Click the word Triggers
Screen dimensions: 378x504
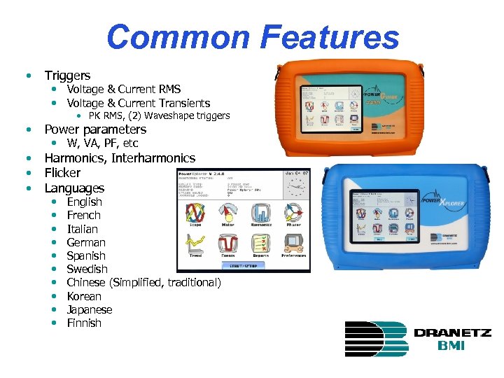pyautogui.click(x=67, y=75)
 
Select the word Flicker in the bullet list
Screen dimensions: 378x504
pyautogui.click(x=62, y=173)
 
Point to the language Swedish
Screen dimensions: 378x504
pyautogui.click(x=87, y=269)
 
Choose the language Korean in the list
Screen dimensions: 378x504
pyautogui.click(x=84, y=296)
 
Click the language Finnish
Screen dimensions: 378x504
pyautogui.click(x=84, y=323)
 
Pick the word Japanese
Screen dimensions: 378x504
pyautogui.click(x=89, y=309)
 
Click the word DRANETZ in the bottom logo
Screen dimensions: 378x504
pyautogui.click(x=452, y=333)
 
